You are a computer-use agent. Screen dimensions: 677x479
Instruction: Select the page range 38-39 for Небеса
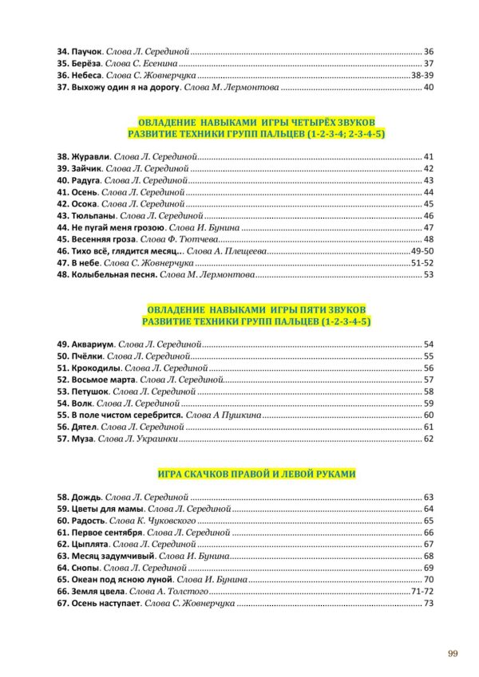coord(421,75)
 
